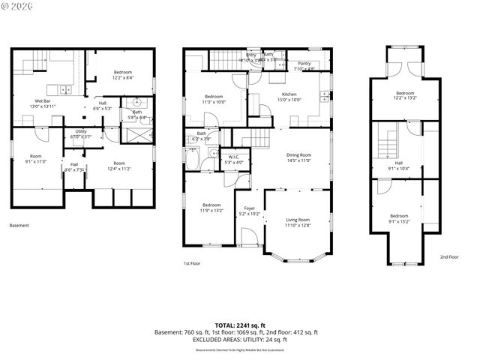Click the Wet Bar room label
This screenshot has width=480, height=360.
coord(42,100)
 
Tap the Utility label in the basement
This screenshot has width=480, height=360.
coord(80,131)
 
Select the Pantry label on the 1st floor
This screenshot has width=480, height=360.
coord(304,64)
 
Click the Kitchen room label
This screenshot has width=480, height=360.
coord(289,94)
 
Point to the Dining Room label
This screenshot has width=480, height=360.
coord(298,154)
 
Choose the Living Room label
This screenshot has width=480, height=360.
coord(297,220)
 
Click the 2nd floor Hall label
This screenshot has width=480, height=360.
coord(398,163)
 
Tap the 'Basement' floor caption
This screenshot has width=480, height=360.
coord(19,225)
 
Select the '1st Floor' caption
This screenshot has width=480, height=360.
coord(192,263)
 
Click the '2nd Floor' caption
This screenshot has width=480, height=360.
coord(449,256)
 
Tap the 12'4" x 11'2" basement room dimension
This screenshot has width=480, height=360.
coord(118,169)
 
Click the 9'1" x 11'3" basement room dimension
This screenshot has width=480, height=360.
coord(35,160)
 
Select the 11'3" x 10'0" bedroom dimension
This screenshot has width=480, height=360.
coord(214,103)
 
